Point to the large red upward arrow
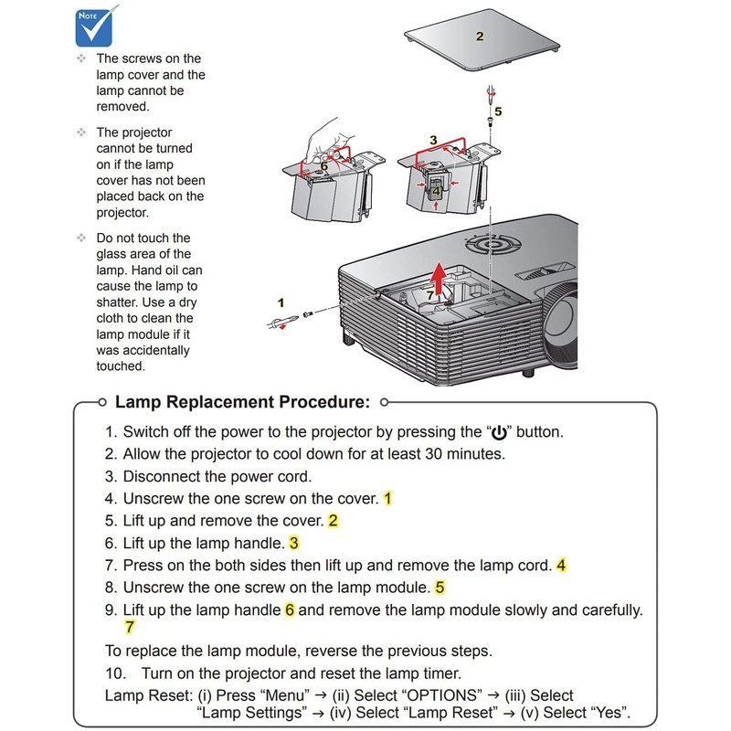click(441, 278)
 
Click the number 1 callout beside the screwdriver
click(281, 301)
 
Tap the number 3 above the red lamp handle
click(433, 140)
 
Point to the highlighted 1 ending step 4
click(388, 499)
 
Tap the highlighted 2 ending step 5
click(334, 521)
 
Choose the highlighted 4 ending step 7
click(561, 566)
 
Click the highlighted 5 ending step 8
click(440, 588)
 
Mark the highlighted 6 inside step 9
click(290, 609)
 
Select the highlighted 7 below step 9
click(130, 628)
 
